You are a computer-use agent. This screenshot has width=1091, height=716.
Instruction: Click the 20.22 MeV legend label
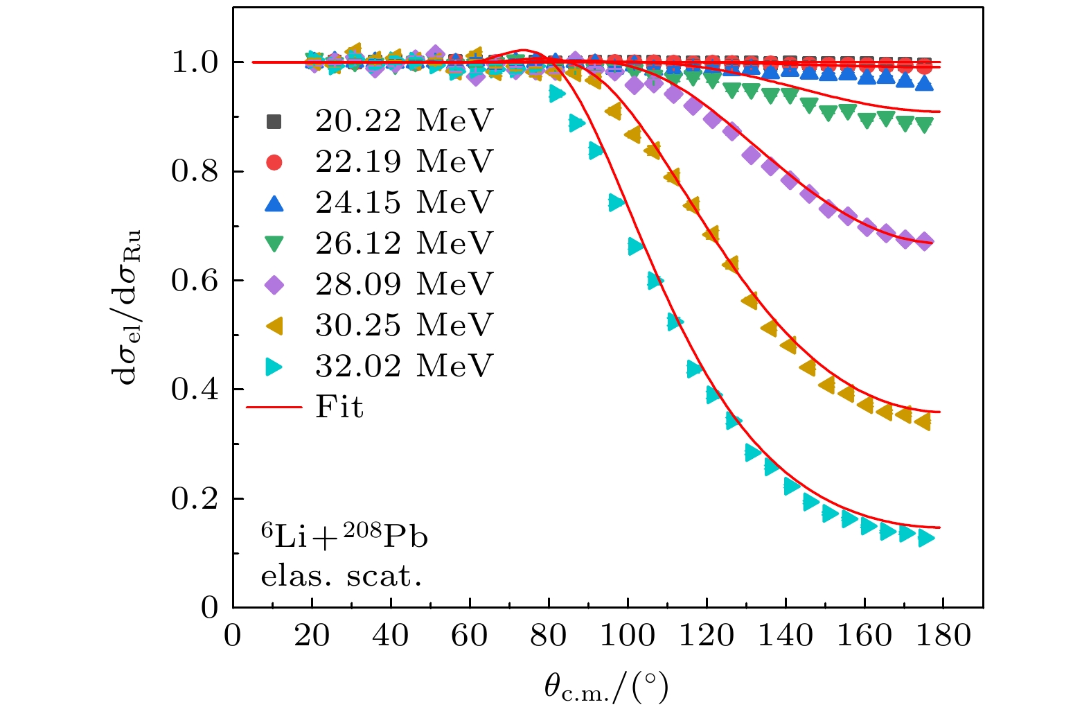(x=403, y=121)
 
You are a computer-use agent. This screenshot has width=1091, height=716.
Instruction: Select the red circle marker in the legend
(x=274, y=162)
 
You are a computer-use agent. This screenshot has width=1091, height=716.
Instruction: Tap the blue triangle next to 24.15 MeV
(x=274, y=203)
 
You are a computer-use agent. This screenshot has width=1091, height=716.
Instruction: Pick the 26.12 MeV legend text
(x=403, y=244)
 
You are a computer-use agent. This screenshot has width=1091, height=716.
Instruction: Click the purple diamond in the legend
(x=274, y=285)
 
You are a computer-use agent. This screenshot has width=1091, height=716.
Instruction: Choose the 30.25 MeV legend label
(x=403, y=325)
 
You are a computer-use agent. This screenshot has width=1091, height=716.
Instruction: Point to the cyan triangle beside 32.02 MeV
(x=275, y=366)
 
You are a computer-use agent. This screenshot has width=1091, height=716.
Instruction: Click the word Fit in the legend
(x=339, y=407)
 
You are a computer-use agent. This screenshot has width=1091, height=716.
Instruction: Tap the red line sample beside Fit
(x=274, y=407)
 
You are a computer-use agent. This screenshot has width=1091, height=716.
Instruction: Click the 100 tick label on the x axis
(x=628, y=636)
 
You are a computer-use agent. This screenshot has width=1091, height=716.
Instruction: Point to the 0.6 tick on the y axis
(x=195, y=281)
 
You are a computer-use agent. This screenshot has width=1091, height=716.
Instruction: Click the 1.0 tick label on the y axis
(x=195, y=63)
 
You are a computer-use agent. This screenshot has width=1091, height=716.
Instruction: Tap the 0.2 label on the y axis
(x=195, y=499)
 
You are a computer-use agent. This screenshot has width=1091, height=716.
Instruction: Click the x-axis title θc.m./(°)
(x=606, y=688)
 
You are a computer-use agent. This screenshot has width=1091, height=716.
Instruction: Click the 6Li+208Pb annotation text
(x=344, y=536)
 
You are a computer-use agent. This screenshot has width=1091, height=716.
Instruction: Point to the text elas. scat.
(x=341, y=576)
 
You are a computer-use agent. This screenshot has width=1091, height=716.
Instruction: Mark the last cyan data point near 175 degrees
(x=925, y=538)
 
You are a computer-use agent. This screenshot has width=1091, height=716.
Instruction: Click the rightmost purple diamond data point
(x=925, y=242)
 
